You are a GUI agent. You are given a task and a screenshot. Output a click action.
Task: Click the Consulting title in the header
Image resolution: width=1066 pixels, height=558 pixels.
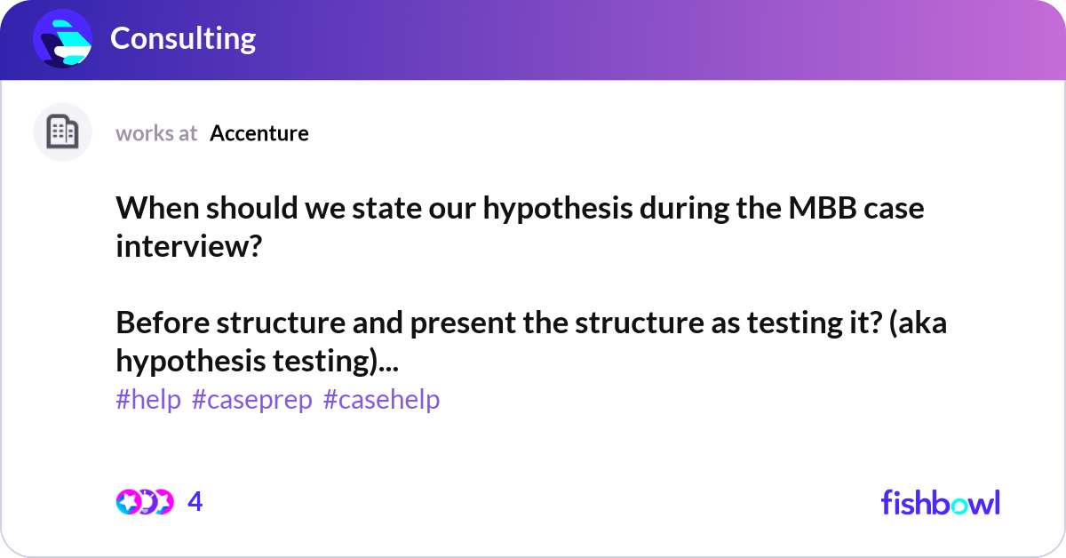click(183, 38)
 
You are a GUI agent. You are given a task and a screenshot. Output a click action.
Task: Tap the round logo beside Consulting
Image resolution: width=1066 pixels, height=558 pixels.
click(63, 39)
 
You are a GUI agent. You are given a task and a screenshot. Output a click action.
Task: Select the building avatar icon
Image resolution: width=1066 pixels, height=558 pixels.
click(62, 132)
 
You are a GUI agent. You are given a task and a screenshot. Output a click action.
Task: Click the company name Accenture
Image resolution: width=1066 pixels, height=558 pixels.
click(259, 133)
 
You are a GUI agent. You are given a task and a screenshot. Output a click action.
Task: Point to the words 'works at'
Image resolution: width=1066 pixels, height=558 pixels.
click(156, 133)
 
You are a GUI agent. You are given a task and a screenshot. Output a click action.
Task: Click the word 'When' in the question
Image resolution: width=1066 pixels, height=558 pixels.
click(147, 210)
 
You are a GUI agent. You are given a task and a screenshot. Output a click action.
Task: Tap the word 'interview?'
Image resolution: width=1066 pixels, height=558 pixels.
click(188, 246)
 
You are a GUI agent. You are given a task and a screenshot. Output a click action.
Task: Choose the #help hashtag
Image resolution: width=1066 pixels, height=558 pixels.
click(148, 400)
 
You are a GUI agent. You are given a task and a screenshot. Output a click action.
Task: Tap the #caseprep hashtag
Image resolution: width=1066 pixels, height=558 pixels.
click(252, 400)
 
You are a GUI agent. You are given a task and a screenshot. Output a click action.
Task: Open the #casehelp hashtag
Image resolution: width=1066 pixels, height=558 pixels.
click(382, 400)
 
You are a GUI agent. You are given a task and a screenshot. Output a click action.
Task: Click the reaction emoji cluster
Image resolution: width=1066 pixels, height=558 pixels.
click(145, 502)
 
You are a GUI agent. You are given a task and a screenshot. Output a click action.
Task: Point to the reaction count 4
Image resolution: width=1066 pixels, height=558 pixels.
click(195, 502)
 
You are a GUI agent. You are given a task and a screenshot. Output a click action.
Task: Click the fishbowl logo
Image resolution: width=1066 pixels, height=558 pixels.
click(940, 502)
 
